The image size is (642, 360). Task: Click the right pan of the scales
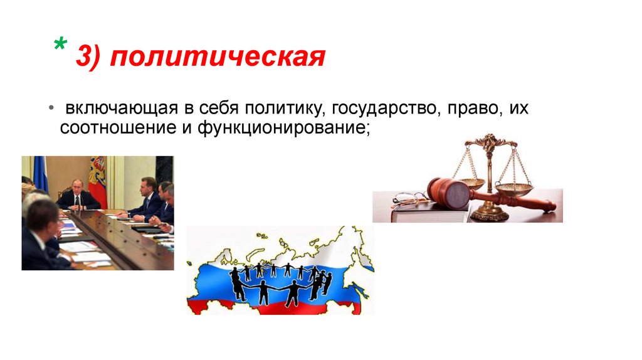pyautogui.click(x=513, y=188)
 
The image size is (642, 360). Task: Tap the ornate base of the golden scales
pyautogui.click(x=488, y=214)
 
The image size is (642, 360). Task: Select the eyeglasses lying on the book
pyautogui.click(x=409, y=199)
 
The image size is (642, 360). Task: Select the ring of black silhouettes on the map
pyautogui.click(x=280, y=282)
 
